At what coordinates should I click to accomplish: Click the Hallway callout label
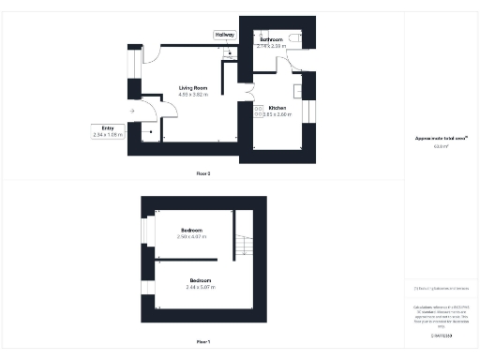click(225, 35)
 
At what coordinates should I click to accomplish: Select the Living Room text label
click(193, 88)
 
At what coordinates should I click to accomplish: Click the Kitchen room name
click(277, 109)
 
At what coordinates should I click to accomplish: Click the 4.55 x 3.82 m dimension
click(193, 95)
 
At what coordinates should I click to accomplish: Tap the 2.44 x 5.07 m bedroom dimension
click(201, 287)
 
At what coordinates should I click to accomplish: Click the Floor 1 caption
click(203, 341)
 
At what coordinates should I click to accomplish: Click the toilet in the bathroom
click(296, 37)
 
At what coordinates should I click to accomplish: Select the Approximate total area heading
click(442, 139)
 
